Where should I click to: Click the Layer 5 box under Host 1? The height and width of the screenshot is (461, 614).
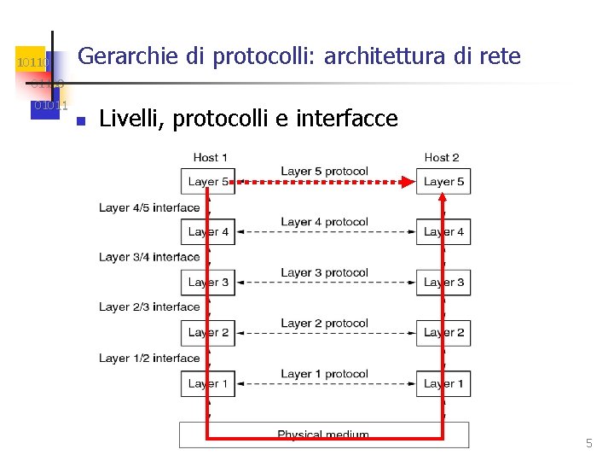207,181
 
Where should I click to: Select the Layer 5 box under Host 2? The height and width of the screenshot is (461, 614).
443,181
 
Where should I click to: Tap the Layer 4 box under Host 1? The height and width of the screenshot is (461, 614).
207,231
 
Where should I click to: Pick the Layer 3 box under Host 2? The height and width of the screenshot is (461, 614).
443,282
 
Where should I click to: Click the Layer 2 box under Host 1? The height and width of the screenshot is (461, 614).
207,332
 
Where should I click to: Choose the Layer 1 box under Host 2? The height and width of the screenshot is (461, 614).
443,383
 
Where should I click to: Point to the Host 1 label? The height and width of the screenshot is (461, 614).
210,157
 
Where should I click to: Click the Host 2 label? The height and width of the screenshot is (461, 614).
442,157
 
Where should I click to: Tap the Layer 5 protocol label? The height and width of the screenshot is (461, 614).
324,172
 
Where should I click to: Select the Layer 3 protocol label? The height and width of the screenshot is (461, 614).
324,273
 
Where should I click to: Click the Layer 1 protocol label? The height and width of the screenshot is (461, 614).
324,374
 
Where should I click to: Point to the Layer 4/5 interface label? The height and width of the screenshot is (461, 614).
149,207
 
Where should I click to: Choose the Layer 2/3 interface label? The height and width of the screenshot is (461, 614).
149,307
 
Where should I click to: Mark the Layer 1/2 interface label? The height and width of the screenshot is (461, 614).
149,359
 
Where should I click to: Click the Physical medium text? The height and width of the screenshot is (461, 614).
323,435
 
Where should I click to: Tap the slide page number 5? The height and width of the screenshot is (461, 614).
588,443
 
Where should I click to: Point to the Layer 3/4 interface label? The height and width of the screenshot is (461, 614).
149,257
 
